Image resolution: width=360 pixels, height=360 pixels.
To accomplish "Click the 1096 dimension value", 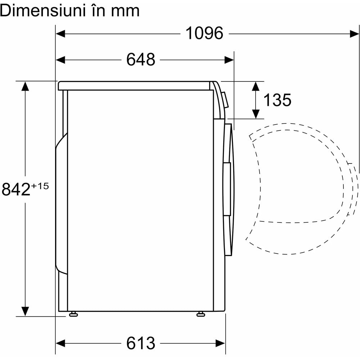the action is [204, 33].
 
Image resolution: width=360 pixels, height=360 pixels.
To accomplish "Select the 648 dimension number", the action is [141, 59].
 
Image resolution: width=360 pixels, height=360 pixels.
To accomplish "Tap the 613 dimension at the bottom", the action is [141, 343].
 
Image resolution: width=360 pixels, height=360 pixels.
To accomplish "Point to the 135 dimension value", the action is [277, 100].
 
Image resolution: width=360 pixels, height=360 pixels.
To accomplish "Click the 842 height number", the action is [16, 189].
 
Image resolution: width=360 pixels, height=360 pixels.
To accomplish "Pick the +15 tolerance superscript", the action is [40, 186].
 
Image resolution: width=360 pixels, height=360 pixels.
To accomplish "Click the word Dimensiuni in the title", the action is [42, 10].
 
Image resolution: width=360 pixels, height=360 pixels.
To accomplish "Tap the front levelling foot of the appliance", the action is [201, 314].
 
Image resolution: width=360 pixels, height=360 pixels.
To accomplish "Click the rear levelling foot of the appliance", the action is [73, 314].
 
